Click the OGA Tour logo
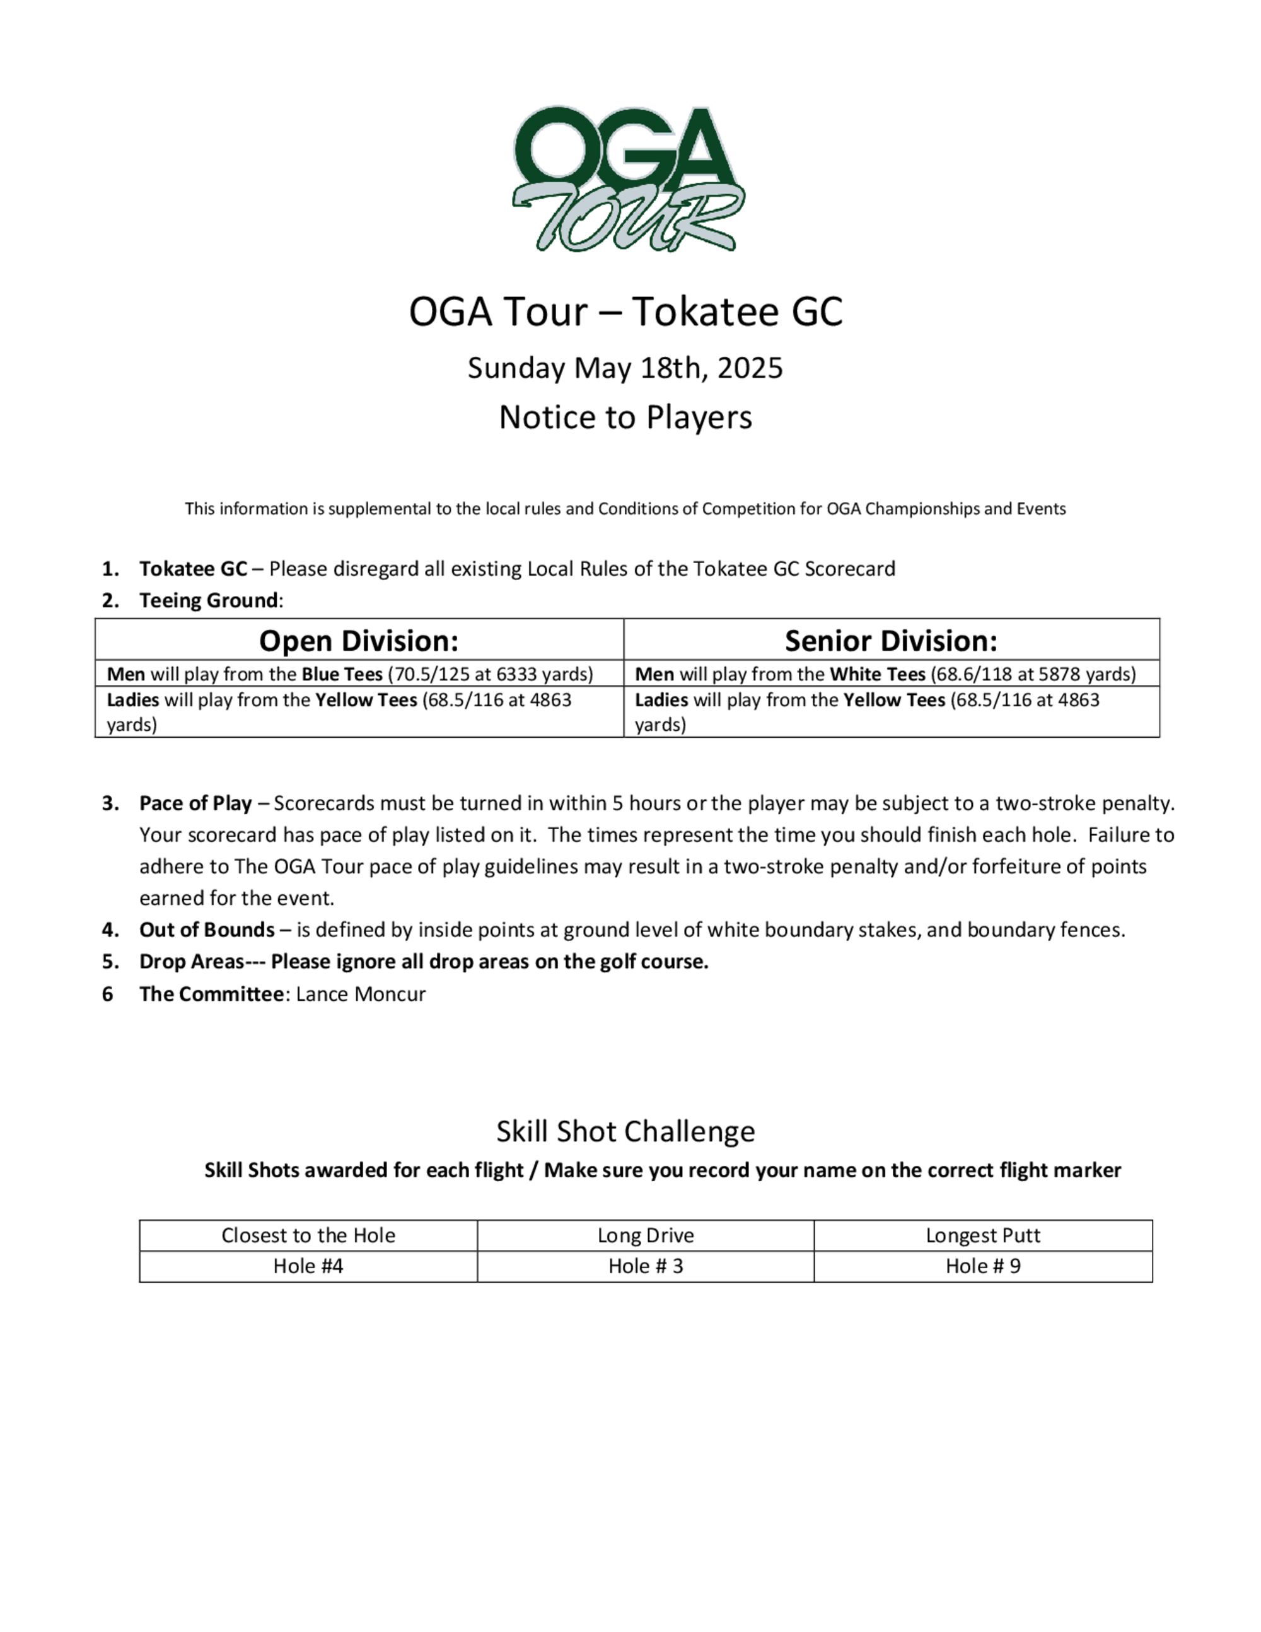627,178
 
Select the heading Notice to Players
625,417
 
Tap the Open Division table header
359,641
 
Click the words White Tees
877,674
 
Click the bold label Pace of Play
195,803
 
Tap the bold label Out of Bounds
206,930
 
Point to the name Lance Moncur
361,994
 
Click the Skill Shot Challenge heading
625,1131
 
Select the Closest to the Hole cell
308,1235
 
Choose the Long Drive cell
646,1235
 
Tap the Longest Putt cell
982,1235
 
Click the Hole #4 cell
308,1266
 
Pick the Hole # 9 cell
982,1266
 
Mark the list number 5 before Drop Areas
109,962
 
